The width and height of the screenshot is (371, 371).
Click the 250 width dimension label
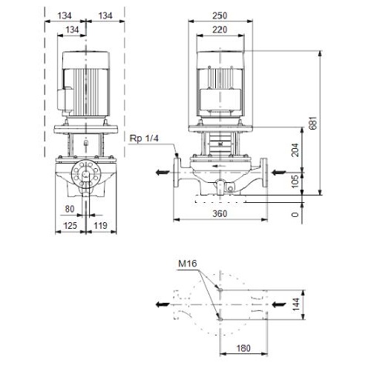220,16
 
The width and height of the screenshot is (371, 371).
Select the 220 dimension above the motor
220,30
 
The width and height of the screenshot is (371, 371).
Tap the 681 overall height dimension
313,123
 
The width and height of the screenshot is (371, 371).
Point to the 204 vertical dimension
295,150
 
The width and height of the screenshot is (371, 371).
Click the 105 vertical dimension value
295,181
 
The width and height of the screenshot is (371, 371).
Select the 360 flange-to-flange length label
220,213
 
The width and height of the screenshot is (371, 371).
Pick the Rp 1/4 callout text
144,138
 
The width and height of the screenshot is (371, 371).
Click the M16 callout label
188,264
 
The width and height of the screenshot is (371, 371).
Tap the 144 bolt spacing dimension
296,304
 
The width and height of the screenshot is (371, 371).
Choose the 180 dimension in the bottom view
243,348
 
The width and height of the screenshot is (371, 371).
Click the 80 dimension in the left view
70,209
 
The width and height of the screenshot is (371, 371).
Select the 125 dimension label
70,225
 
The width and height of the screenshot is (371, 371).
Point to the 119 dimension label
100,225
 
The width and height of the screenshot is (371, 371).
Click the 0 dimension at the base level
295,215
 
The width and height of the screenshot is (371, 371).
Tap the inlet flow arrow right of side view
278,173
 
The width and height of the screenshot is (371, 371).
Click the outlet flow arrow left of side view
162,173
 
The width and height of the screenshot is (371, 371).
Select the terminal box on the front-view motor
220,99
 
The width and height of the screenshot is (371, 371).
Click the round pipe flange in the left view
86,174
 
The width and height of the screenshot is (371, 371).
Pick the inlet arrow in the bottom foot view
279,304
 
